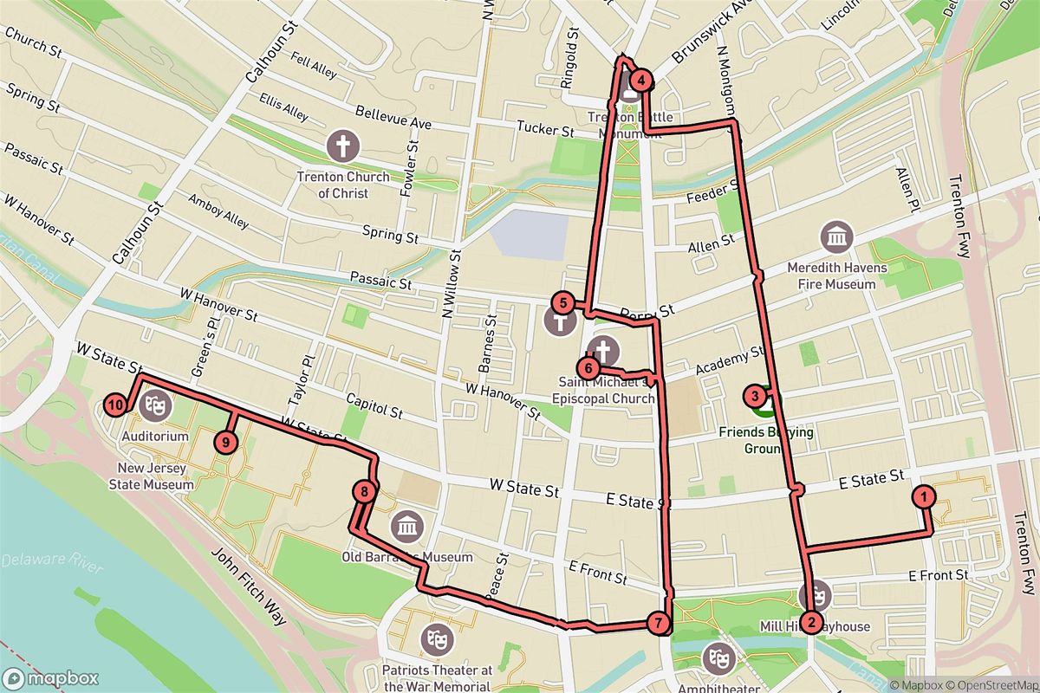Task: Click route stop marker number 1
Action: tap(925, 496)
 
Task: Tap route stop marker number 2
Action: tap(811, 621)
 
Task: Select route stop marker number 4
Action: tap(640, 81)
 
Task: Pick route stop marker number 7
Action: tap(659, 622)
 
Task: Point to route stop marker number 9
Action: tap(225, 442)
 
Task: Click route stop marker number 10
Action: tap(115, 404)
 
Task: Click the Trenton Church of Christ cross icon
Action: tap(342, 146)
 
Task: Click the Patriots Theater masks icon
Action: tap(436, 639)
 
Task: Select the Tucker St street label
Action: tap(546, 130)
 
